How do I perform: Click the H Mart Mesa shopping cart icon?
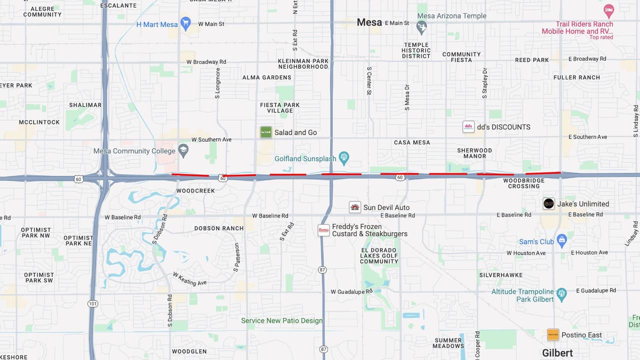click(x=185, y=23)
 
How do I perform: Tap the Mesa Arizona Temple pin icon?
click(x=421, y=27)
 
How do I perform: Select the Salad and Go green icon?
click(x=265, y=132)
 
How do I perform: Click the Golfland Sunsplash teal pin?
click(x=344, y=158)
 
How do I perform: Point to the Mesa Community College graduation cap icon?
click(x=183, y=150)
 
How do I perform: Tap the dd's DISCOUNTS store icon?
click(x=468, y=126)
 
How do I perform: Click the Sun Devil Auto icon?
click(x=355, y=207)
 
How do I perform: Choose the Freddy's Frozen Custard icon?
click(x=323, y=230)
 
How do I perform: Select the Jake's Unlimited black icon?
click(x=548, y=203)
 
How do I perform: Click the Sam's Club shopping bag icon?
click(x=561, y=240)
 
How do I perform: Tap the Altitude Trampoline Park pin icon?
click(x=561, y=293)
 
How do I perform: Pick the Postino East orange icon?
click(x=553, y=334)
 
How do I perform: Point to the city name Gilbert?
click(x=557, y=353)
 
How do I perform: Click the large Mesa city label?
click(x=369, y=22)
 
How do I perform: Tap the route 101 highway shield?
click(x=92, y=303)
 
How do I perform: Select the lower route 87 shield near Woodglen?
click(x=323, y=349)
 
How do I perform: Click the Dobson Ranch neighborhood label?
click(x=219, y=228)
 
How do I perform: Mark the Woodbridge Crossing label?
click(x=523, y=183)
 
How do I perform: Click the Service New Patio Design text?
click(x=282, y=320)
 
